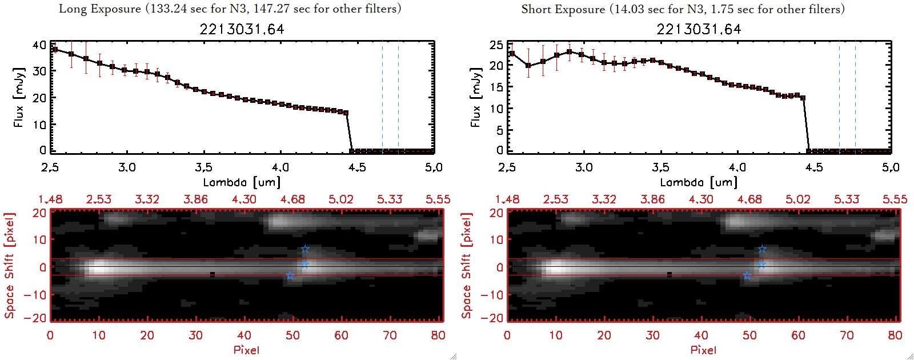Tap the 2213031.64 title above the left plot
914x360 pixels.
tap(242, 29)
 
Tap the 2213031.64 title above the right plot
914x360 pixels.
tap(699, 29)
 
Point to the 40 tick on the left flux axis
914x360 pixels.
tap(39, 45)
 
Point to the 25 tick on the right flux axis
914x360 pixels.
tap(496, 45)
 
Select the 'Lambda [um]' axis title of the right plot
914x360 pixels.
tap(699, 182)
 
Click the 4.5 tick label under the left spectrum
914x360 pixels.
tap(357, 167)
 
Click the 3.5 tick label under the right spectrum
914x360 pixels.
tap(660, 167)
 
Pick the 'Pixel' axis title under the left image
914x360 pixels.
tap(246, 350)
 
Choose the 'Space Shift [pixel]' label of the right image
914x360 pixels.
tap(467, 266)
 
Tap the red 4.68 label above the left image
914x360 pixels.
tap(292, 199)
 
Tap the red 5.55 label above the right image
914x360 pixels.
tap(895, 199)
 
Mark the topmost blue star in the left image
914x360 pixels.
tap(305, 249)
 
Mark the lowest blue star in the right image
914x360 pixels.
tap(747, 275)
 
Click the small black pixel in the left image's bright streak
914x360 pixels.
tap(213, 274)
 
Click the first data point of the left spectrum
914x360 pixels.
tap(55, 49)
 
